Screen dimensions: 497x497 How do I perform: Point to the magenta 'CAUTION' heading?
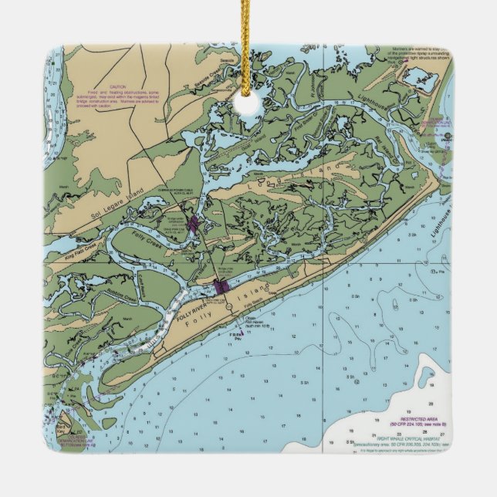point(118,86)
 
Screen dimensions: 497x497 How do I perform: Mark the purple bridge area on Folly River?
point(222,287)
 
